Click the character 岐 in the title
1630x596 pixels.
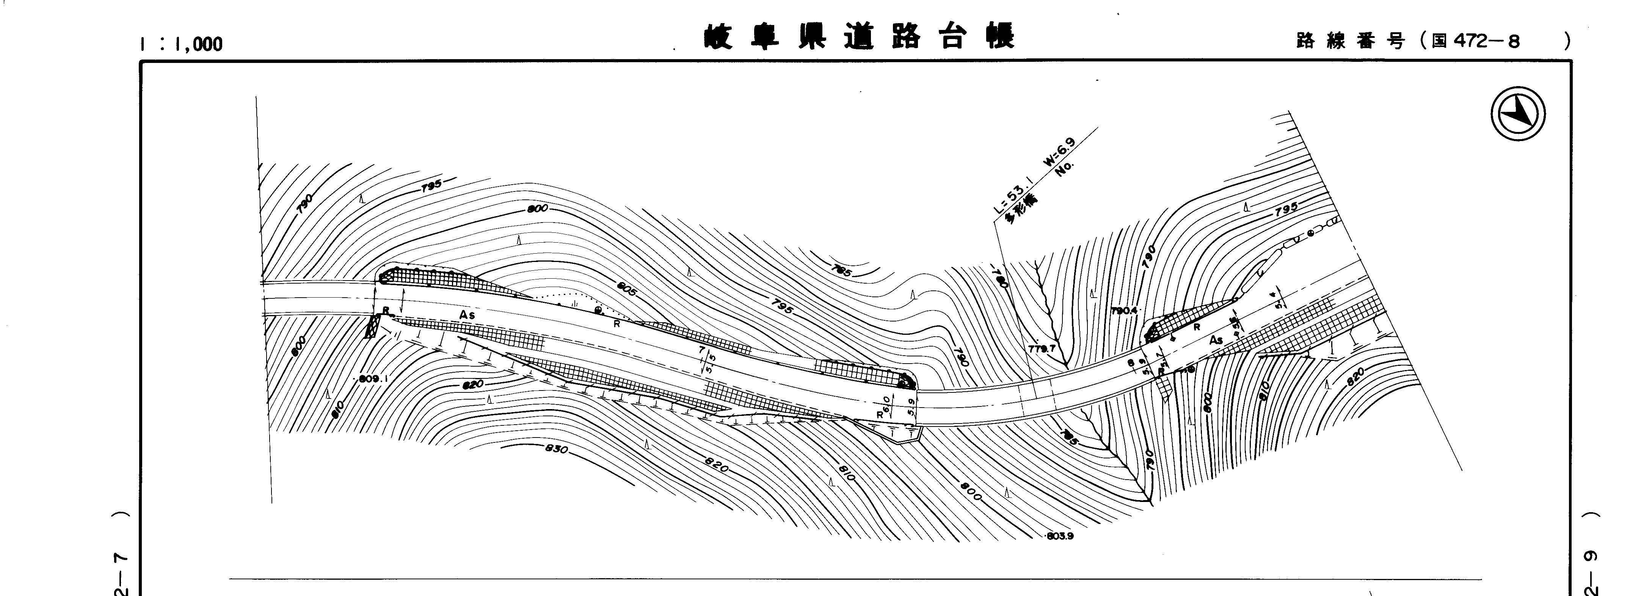[x=717, y=38]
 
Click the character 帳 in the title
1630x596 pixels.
[x=1000, y=38]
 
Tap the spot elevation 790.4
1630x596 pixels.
[x=1124, y=311]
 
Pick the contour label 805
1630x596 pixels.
[x=626, y=290]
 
